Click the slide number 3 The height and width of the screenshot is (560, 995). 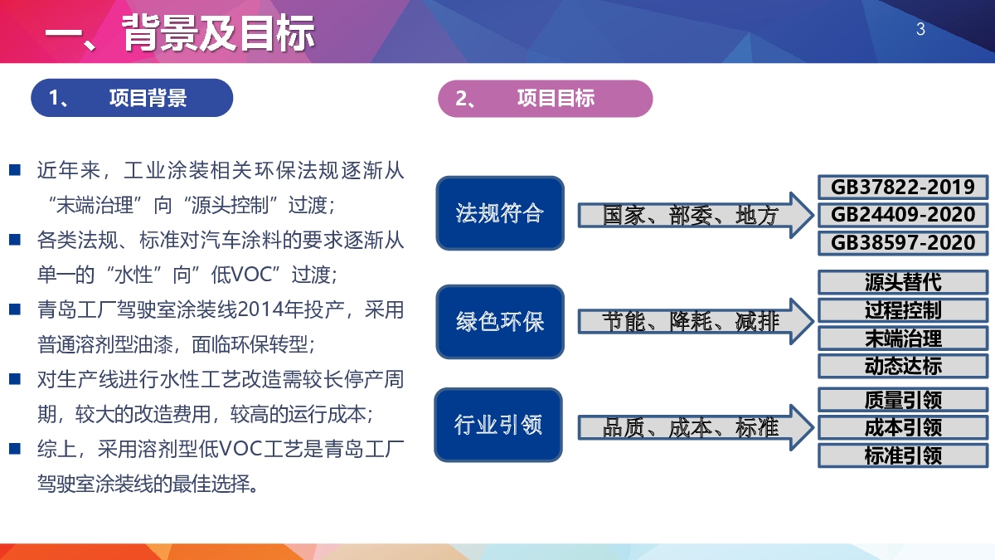click(920, 29)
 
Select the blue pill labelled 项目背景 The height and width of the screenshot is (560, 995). click(132, 98)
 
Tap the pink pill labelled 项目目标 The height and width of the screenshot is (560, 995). click(545, 98)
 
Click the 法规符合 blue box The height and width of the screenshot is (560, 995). click(500, 213)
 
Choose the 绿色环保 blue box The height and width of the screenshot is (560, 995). click(500, 322)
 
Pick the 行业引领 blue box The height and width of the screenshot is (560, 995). click(498, 425)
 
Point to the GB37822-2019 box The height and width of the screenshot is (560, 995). click(903, 187)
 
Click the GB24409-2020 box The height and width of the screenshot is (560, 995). click(903, 215)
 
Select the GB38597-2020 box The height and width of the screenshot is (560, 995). click(903, 242)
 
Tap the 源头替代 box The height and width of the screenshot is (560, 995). click(903, 282)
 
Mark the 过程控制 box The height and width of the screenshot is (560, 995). click(903, 310)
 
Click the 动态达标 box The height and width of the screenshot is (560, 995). click(903, 366)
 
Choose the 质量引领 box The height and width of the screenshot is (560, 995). click(903, 400)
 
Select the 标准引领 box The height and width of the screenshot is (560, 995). click(903, 455)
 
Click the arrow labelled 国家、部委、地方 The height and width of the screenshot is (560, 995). click(696, 215)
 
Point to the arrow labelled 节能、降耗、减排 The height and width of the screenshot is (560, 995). click(696, 321)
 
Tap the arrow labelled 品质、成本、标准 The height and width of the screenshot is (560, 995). click(696, 427)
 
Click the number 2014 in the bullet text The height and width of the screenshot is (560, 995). click(260, 309)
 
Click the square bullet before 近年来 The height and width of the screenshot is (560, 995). click(15, 170)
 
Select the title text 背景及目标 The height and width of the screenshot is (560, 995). click(218, 32)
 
